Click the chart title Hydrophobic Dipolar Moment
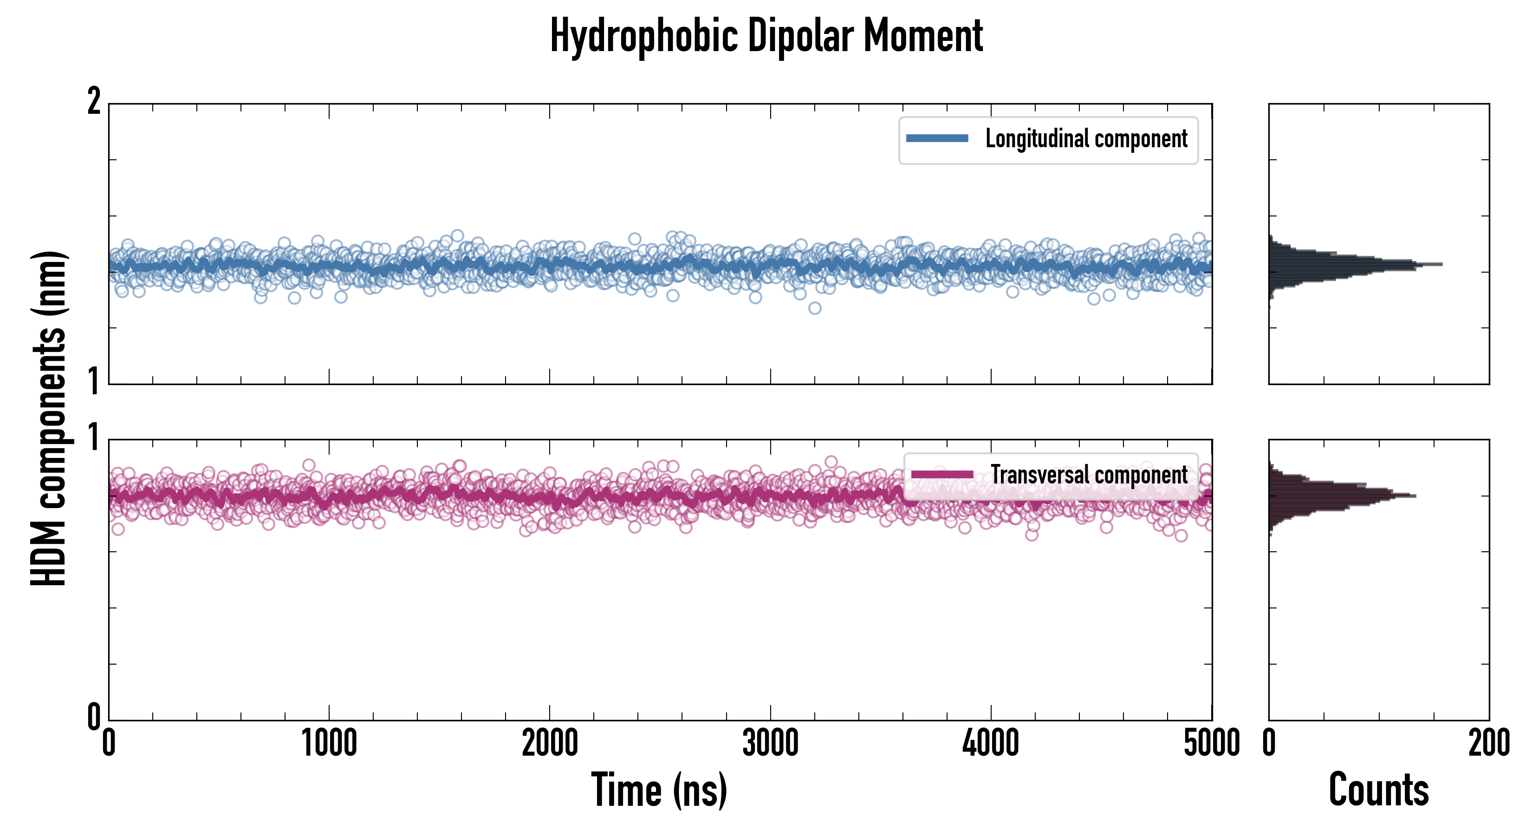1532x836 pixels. pyautogui.click(x=766, y=36)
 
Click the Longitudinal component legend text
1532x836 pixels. pyautogui.click(x=1086, y=139)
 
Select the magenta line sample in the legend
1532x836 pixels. pyautogui.click(x=942, y=475)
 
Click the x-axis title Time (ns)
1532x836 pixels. pyautogui.click(x=659, y=790)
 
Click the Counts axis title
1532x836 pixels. pyautogui.click(x=1378, y=790)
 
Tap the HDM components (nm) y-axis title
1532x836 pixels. pyautogui.click(x=49, y=418)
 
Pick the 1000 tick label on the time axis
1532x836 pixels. pyautogui.click(x=329, y=744)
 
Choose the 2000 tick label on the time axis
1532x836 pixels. pyautogui.click(x=550, y=744)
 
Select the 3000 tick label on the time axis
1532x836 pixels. pyautogui.click(x=770, y=744)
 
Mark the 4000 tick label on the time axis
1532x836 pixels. pyautogui.click(x=991, y=744)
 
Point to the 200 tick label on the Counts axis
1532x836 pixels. pyautogui.click(x=1488, y=744)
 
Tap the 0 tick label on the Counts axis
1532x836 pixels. pyautogui.click(x=1269, y=744)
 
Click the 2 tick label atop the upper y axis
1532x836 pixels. pyautogui.click(x=94, y=101)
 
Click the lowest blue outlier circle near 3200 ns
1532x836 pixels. pyautogui.click(x=815, y=307)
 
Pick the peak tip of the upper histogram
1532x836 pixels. pyautogui.click(x=1441, y=264)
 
